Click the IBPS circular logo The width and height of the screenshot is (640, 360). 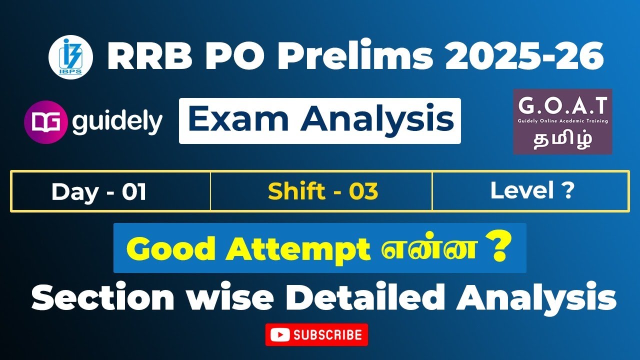pos(71,57)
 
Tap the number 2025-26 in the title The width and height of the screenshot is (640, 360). pos(524,57)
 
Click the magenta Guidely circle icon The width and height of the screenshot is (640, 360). pos(45,122)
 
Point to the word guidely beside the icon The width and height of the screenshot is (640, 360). pos(117,122)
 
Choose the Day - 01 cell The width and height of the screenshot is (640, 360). pos(98,192)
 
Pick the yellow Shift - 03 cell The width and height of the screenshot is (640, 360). pos(322,191)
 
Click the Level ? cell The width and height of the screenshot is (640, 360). pos(531,191)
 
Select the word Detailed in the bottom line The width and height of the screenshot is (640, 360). pos(366,299)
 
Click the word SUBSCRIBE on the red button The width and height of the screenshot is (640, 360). pos(327,334)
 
